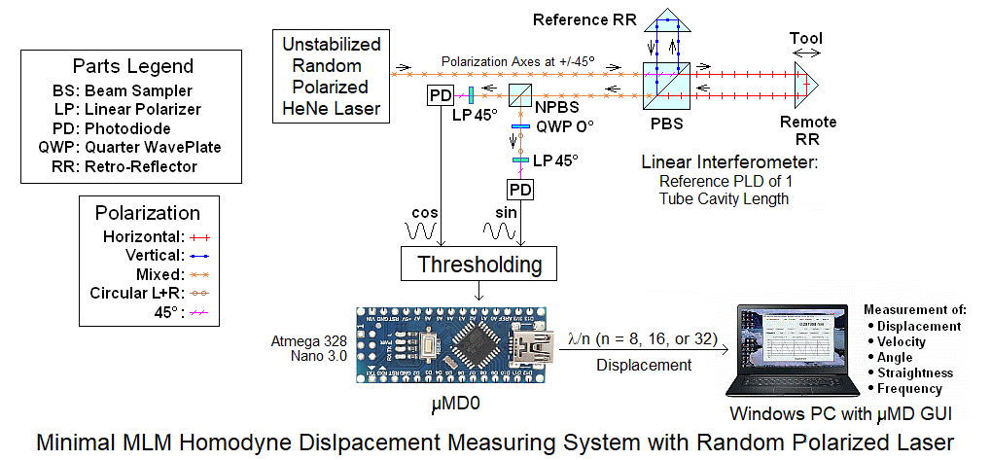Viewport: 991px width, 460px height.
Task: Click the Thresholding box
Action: [479, 264]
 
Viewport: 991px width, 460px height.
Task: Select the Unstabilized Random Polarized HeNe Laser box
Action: [331, 76]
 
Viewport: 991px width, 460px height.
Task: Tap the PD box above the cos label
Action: [440, 95]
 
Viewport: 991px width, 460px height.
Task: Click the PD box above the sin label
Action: [520, 189]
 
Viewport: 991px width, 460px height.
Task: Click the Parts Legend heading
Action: [133, 67]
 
